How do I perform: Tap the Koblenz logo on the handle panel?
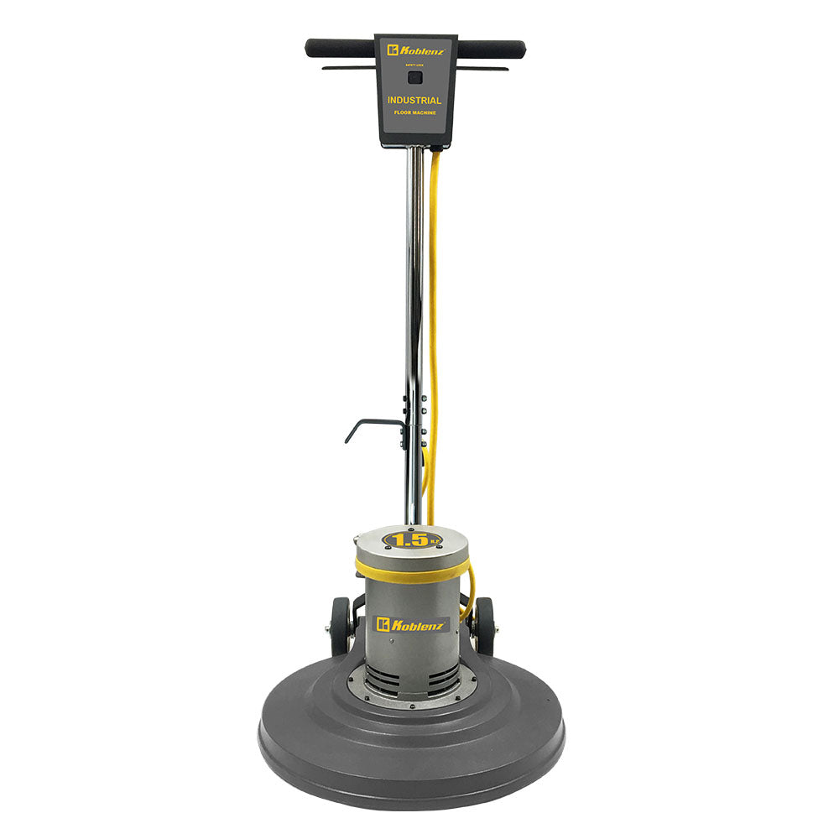[415, 50]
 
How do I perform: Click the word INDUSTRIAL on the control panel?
[414, 101]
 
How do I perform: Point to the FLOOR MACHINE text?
[414, 112]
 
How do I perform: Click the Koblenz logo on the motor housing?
[412, 624]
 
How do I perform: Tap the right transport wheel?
[484, 627]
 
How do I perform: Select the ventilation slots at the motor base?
[412, 675]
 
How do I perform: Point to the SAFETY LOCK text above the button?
[414, 64]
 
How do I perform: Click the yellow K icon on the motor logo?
[383, 624]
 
